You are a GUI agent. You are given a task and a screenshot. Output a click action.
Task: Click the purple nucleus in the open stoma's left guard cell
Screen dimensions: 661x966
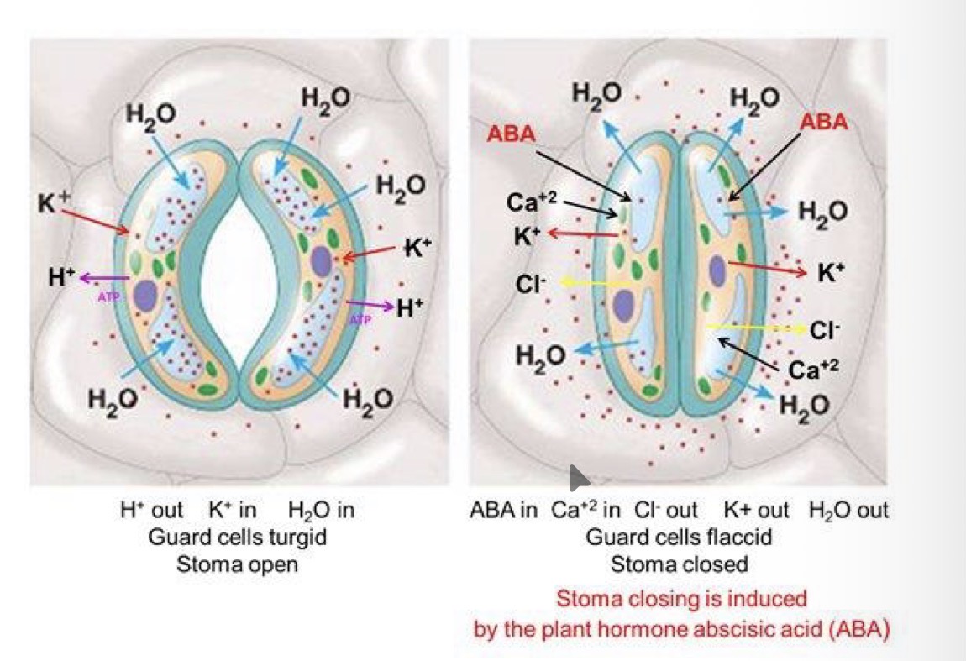point(146,296)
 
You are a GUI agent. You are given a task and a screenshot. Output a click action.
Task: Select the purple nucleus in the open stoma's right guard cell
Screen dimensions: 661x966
point(322,261)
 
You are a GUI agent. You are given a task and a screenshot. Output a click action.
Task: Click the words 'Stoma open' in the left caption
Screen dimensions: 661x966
point(237,564)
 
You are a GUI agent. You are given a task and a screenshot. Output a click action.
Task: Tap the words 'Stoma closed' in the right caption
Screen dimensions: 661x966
point(679,564)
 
